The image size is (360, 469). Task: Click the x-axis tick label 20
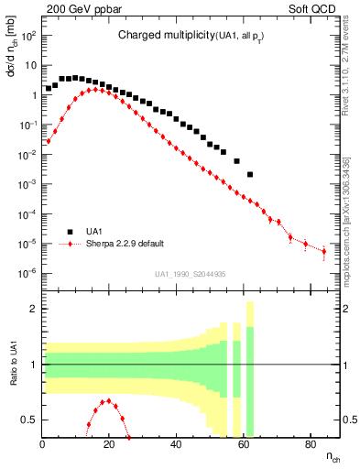coord(110,446)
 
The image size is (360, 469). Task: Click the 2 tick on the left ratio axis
coord(34,309)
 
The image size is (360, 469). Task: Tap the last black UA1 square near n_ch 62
coord(250,174)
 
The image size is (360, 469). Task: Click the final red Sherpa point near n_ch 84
coord(323,251)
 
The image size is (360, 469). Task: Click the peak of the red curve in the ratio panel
coord(109,400)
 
